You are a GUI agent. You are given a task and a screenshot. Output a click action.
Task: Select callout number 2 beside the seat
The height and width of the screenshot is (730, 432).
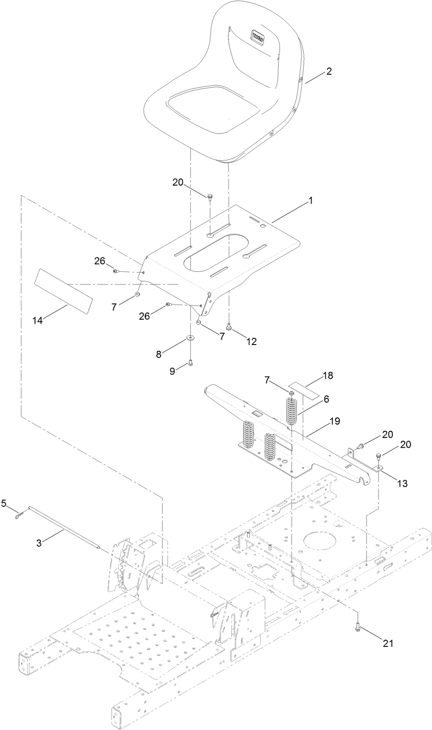click(329, 71)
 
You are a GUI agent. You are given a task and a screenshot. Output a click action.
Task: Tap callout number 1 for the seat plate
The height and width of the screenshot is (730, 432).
click(311, 201)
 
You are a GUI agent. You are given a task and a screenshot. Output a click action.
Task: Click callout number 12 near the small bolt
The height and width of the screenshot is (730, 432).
click(251, 341)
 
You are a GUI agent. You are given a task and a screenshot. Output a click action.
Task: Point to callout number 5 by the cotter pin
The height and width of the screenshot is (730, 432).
click(4, 503)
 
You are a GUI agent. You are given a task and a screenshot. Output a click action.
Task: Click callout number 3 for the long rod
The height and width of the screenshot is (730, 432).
click(39, 543)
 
